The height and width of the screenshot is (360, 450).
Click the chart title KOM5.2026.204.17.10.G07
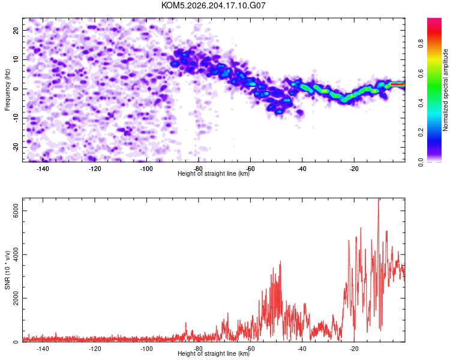pos(213,5)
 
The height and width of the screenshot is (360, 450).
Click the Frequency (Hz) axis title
pos(7,90)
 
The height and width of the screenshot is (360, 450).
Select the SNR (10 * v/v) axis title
pos(7,270)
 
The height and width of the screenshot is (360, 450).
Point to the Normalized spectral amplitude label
pos(445,90)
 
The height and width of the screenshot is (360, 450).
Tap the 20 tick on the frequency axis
pos(16,30)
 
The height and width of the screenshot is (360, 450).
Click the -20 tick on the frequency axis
pos(16,147)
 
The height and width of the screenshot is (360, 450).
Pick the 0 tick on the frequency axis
pos(16,89)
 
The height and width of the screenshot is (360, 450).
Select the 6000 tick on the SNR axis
pos(16,211)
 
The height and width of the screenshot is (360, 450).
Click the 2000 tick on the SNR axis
pos(16,298)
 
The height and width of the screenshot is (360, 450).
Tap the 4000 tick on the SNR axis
pos(16,254)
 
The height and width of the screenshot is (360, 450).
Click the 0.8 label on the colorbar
pos(421,44)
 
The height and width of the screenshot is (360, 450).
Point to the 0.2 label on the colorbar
pos(421,133)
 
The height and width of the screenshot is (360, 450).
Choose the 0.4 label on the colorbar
pos(421,103)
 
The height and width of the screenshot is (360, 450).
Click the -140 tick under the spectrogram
pos(43,169)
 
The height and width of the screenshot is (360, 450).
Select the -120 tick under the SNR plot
pos(94,349)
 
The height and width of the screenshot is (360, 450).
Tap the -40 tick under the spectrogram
pos(302,169)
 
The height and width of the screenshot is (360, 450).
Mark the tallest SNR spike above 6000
pos(379,199)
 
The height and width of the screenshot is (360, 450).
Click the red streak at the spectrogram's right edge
pos(397,85)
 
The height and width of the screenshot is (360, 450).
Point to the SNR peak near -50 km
pos(280,262)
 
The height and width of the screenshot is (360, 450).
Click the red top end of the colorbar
pos(434,22)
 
